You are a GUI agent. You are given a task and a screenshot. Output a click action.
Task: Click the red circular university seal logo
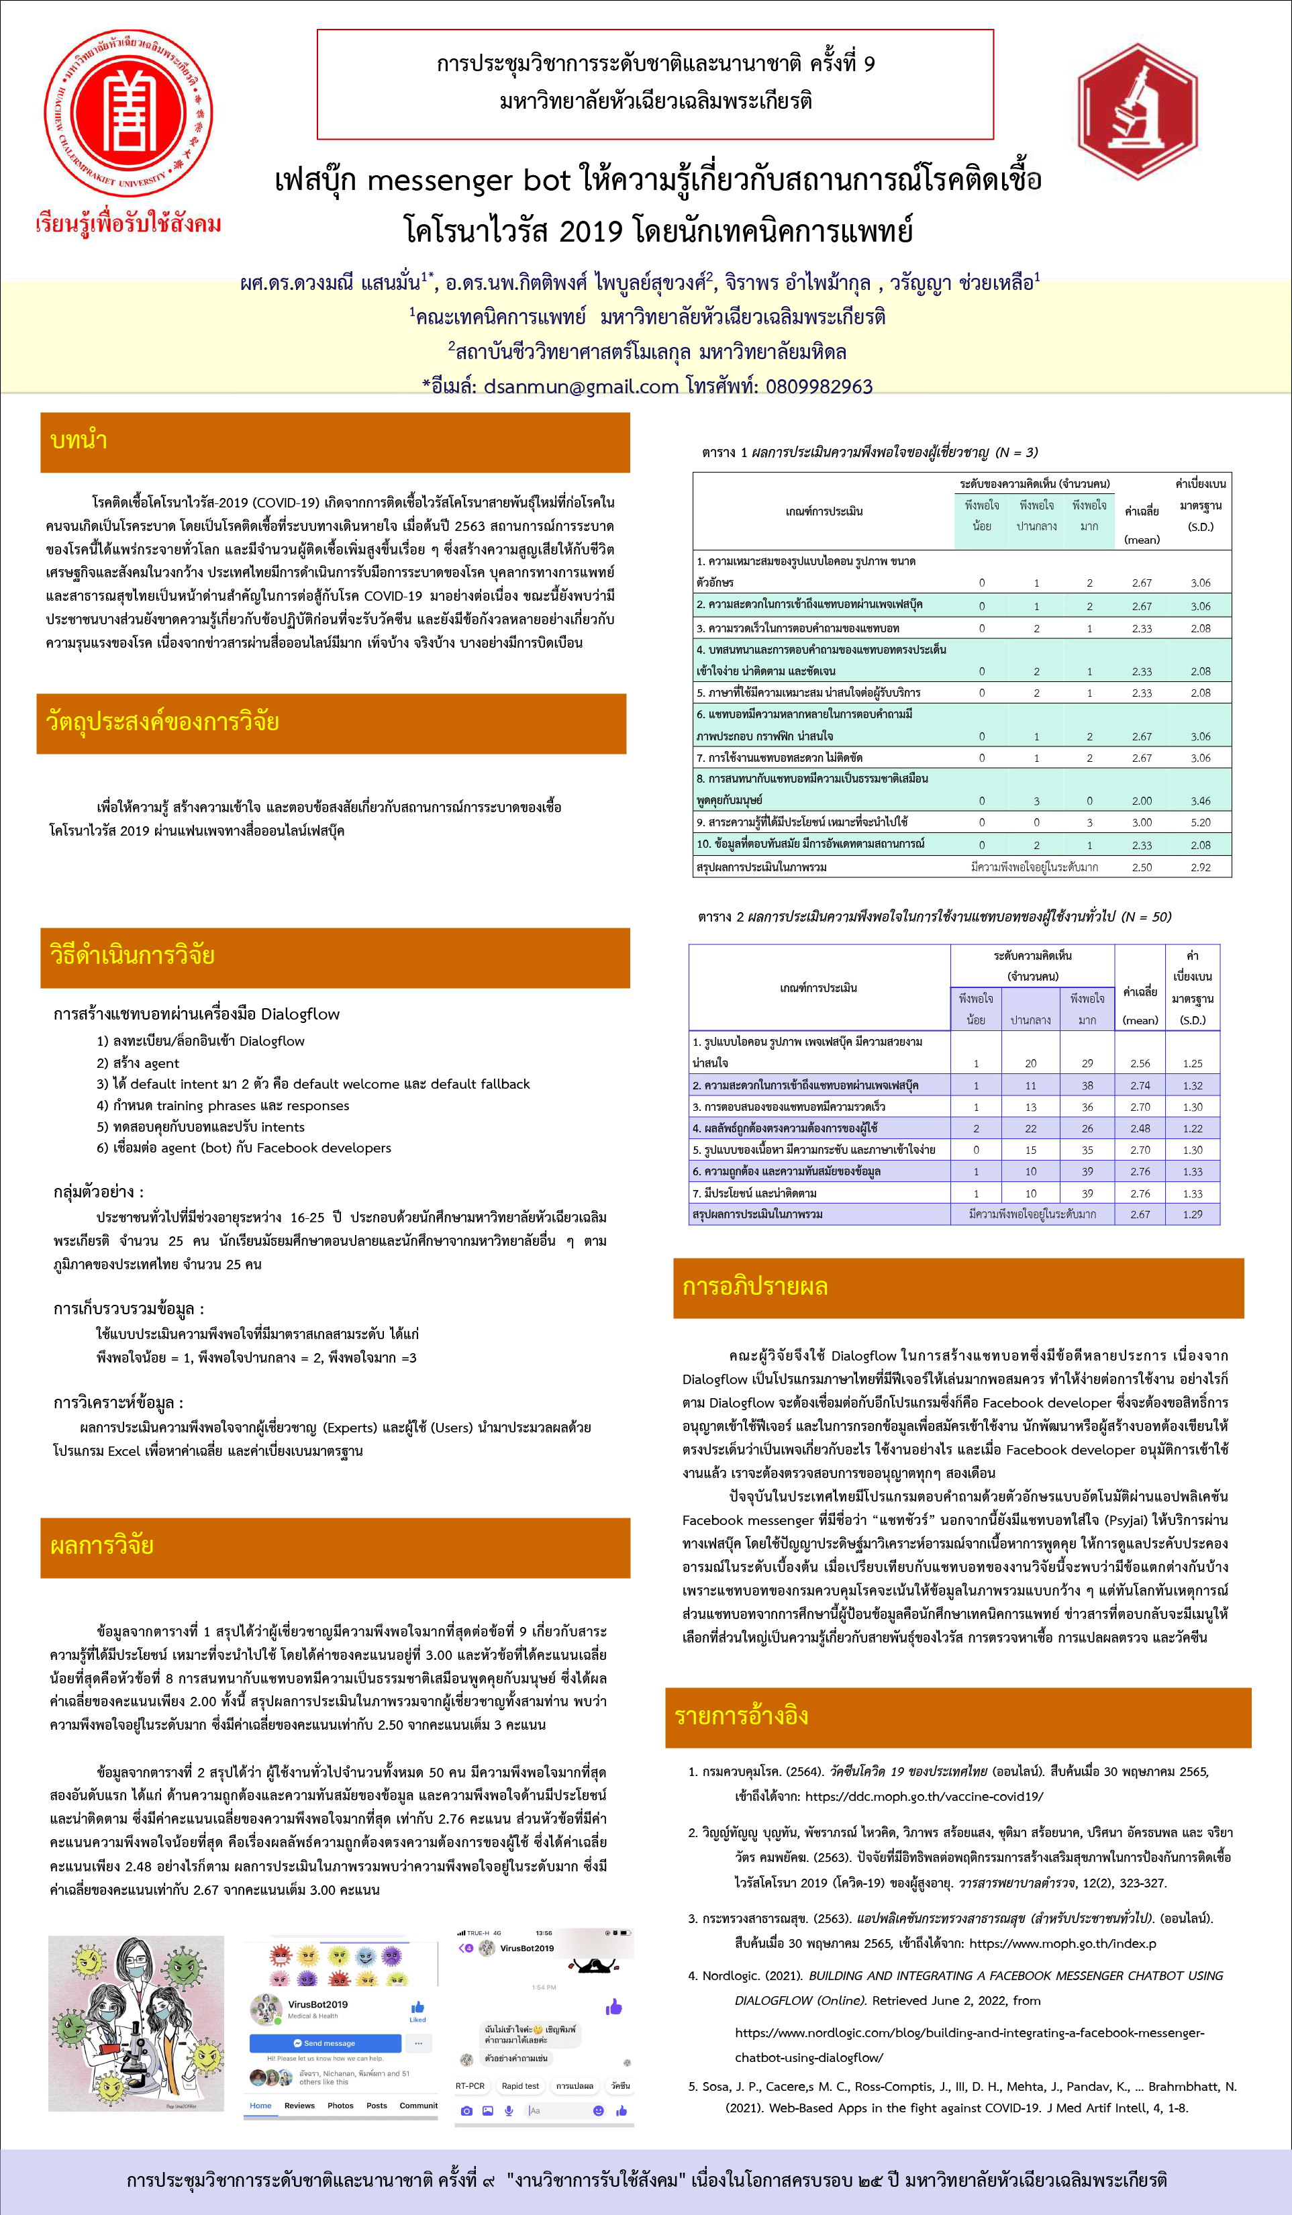coord(128,113)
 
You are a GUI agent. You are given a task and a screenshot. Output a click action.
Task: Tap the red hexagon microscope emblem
coord(1138,111)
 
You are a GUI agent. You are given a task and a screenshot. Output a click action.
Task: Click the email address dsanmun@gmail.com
coord(581,386)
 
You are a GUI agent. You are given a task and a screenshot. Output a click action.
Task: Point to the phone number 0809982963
coord(818,386)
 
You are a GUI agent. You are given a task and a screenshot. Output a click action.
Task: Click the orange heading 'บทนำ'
coord(79,440)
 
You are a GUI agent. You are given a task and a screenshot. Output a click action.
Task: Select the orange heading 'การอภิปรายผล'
coord(754,1287)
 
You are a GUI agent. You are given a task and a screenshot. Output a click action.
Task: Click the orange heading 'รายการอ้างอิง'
coord(741,1716)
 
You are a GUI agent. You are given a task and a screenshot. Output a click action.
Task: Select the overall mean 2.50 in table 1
coord(1141,867)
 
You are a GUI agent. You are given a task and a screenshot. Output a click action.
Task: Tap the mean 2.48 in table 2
coord(1140,1128)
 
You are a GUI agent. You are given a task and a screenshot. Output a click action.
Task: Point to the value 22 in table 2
coord(1030,1128)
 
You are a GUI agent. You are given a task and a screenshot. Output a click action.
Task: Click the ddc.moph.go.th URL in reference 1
coord(924,1797)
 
